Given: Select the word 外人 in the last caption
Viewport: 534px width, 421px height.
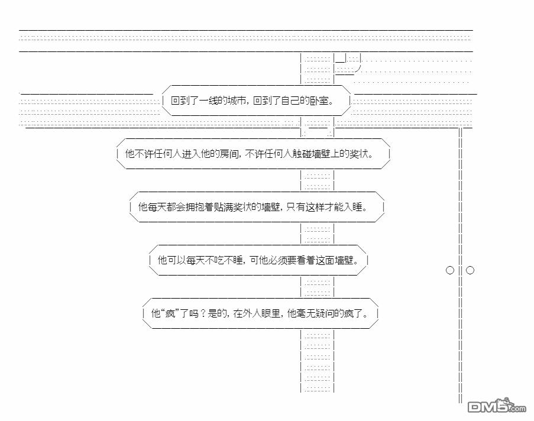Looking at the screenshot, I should click(255, 313).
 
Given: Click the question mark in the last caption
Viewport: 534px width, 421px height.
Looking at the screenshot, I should click(202, 313).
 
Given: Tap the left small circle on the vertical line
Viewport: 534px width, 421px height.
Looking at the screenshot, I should click(450, 270).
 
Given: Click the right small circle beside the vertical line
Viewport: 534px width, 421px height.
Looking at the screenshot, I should click(470, 270).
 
